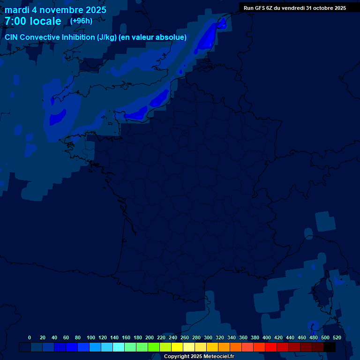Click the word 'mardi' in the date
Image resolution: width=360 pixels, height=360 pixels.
tap(17, 10)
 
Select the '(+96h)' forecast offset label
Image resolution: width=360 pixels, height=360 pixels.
tap(81, 21)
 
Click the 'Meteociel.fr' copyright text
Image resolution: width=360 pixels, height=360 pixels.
tap(219, 357)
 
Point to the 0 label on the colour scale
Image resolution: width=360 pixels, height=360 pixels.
tap(30, 337)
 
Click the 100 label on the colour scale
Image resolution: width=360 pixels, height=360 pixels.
tap(91, 337)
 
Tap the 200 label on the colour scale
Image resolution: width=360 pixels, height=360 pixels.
tap(150, 337)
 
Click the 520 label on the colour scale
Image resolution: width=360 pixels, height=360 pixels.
tap(337, 337)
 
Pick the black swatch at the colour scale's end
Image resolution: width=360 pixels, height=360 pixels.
tap(330, 347)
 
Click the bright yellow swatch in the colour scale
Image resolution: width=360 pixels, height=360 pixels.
tap(177, 347)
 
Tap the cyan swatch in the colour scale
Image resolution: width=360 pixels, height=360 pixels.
tap(119, 347)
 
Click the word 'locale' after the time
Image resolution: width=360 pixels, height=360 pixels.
tap(45, 21)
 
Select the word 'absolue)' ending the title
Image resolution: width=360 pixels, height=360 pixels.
tap(172, 37)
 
